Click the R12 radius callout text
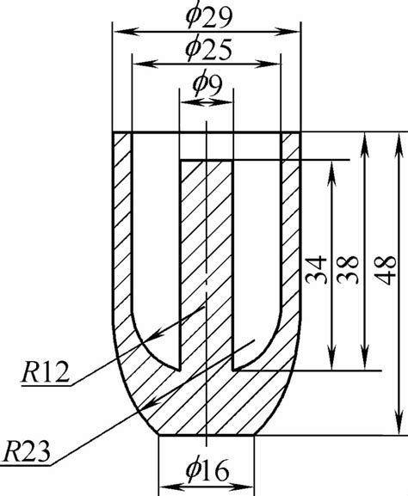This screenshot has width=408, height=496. pyautogui.click(x=43, y=372)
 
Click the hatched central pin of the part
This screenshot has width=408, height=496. pyautogui.click(x=206, y=258)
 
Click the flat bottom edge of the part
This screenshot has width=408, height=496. pyautogui.click(x=207, y=436)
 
